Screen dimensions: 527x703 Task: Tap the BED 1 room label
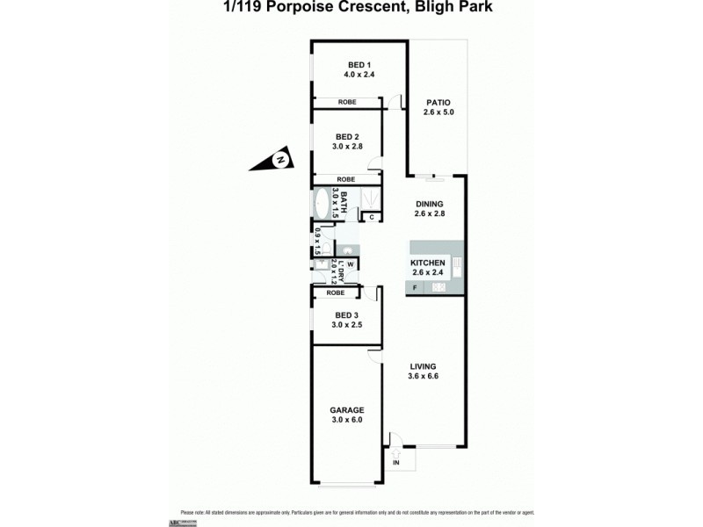[359, 65]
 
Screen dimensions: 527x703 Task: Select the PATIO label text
[436, 101]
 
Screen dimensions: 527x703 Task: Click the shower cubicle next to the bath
[369, 198]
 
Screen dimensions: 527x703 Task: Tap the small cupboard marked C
[372, 217]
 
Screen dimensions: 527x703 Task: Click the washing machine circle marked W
[349, 263]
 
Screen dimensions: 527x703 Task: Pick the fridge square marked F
[415, 288]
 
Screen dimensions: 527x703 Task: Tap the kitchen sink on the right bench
[458, 263]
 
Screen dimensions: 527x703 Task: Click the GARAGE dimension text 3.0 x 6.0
[347, 420]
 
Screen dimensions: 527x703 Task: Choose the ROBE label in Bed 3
[335, 292]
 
